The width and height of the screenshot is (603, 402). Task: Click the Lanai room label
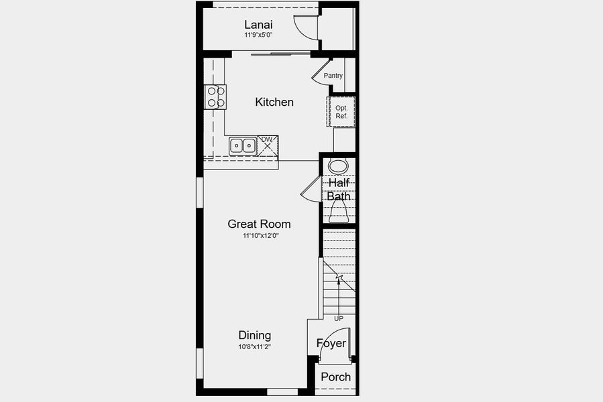click(258, 25)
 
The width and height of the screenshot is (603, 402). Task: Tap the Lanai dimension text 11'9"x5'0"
click(259, 35)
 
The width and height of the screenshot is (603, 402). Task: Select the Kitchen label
click(274, 102)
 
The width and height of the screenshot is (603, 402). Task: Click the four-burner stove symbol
click(215, 97)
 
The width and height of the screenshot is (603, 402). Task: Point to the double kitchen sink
click(243, 145)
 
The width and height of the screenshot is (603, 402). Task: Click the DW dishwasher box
click(268, 144)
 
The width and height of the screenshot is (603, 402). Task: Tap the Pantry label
click(333, 76)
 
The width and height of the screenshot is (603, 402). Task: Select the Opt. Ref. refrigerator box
click(341, 112)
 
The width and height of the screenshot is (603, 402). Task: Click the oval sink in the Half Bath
click(339, 166)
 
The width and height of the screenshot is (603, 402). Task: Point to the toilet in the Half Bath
click(339, 212)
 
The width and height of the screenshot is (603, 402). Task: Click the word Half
click(339, 182)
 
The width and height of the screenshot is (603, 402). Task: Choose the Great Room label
click(259, 224)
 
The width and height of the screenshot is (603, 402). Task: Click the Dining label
click(255, 335)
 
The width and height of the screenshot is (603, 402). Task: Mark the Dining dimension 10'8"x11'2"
click(255, 346)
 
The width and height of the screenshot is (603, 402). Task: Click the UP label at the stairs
click(339, 318)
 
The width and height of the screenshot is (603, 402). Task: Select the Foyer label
click(331, 344)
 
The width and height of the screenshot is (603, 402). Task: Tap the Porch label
click(335, 377)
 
